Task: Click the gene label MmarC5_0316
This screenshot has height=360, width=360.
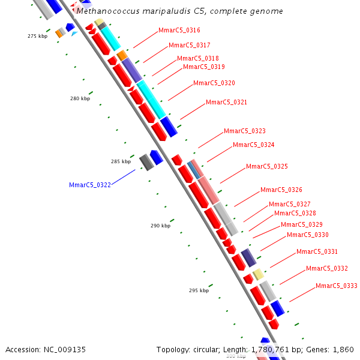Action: click(x=179, y=30)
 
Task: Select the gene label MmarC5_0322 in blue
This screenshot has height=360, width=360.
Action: click(x=90, y=185)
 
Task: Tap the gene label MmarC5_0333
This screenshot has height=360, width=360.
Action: click(x=337, y=286)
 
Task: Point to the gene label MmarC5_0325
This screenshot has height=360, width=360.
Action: click(x=267, y=166)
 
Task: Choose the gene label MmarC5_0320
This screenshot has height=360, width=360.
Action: click(x=214, y=83)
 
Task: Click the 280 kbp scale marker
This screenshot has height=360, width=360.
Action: click(x=80, y=98)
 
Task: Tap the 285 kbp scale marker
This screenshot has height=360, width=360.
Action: click(x=121, y=161)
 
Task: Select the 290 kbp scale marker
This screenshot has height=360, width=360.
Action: click(x=160, y=226)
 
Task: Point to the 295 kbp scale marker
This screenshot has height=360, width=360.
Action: click(x=199, y=290)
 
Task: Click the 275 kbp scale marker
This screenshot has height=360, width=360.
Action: click(x=37, y=36)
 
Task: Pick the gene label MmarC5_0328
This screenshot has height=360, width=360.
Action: click(x=295, y=213)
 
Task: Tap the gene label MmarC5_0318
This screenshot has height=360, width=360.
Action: click(x=198, y=58)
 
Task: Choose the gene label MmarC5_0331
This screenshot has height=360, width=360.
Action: click(x=317, y=251)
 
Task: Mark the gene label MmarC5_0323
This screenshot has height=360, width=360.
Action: click(x=245, y=131)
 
